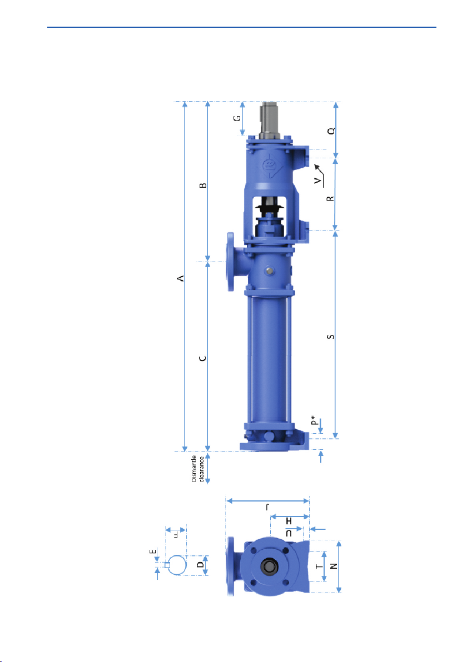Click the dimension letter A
pyautogui.click(x=181, y=278)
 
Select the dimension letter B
pyautogui.click(x=203, y=185)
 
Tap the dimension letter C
pyautogui.click(x=203, y=358)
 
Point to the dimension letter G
pyautogui.click(x=237, y=118)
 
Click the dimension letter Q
pyautogui.click(x=332, y=131)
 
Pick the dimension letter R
pyautogui.click(x=331, y=198)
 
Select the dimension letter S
pyautogui.click(x=331, y=337)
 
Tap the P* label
pyautogui.click(x=313, y=420)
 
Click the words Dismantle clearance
pyautogui.click(x=197, y=469)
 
